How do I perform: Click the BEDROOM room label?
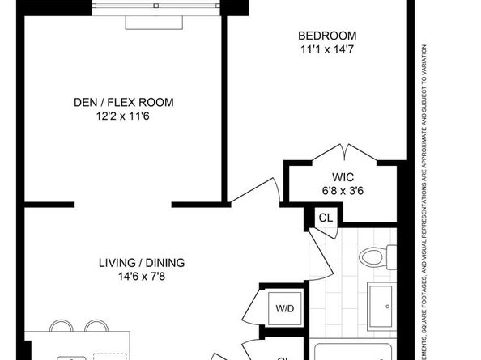coord(327,36)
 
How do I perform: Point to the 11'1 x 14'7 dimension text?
coord(327,49)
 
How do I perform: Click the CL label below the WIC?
coord(325,217)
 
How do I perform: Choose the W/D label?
coord(286,307)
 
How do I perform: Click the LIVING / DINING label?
coord(142,262)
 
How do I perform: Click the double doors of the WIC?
coord(347,154)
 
